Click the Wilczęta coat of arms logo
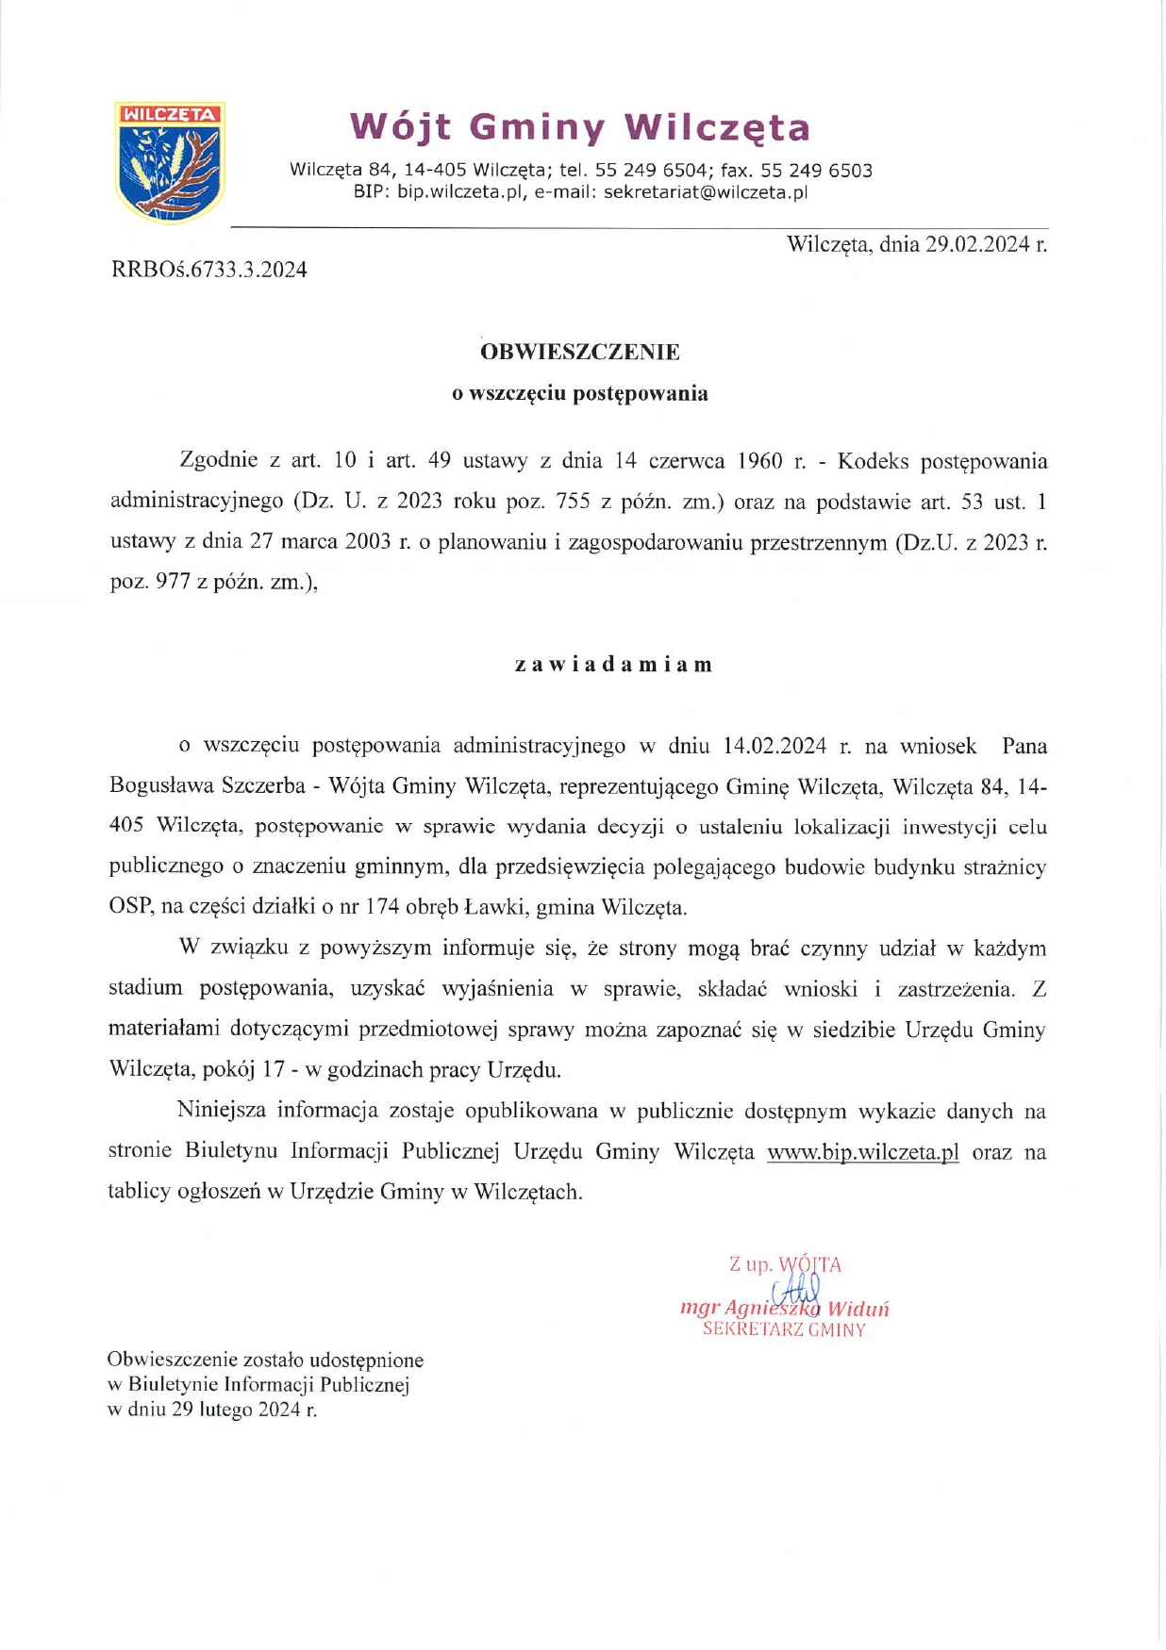tap(169, 162)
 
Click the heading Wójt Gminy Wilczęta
tap(579, 126)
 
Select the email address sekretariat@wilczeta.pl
tap(706, 193)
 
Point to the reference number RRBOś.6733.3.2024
tap(208, 270)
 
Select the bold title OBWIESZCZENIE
tap(579, 353)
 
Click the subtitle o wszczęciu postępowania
tap(579, 393)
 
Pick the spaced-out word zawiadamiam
tap(613, 664)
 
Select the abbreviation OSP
tap(129, 908)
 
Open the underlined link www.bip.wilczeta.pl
tap(862, 1152)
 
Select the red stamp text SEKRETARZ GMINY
tap(783, 1330)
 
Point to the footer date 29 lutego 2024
tap(238, 1411)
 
